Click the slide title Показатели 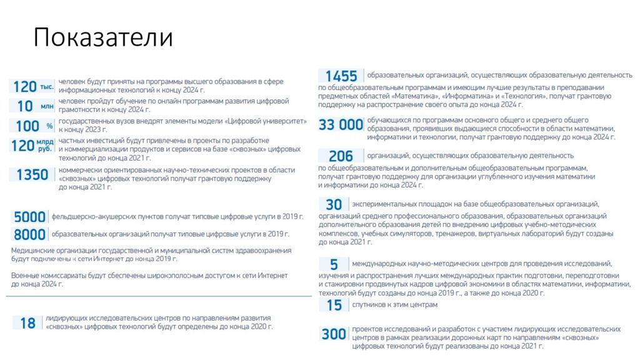pos(102,38)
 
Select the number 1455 pos(341,76)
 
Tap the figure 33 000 pos(341,125)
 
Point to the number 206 pos(341,156)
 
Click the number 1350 pos(32,175)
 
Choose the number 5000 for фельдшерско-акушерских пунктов pos(30,217)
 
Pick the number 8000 pos(30,234)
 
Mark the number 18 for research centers pos(27,323)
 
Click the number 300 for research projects pos(334,334)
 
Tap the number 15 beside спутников pos(334,305)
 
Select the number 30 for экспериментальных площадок pos(334,204)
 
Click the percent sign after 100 pos(49,126)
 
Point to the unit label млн pos(47,107)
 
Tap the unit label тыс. pos(47,87)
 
